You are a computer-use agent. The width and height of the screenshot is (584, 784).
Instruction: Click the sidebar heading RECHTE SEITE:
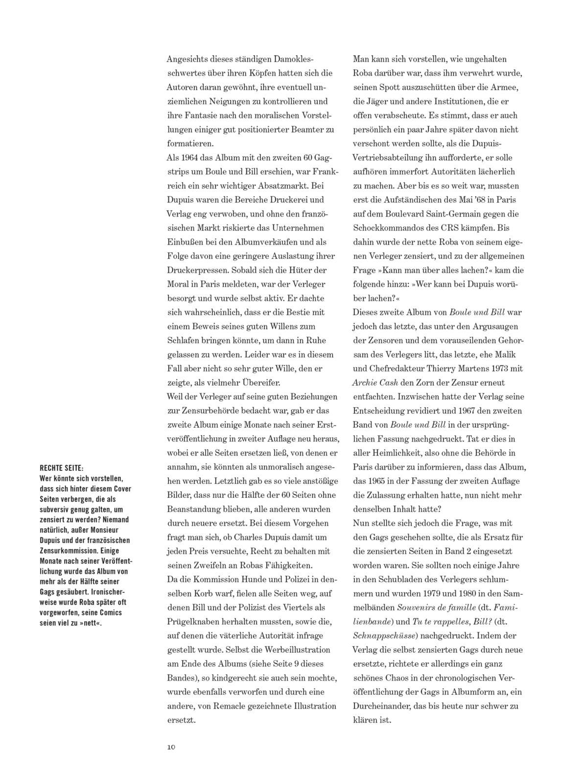61,468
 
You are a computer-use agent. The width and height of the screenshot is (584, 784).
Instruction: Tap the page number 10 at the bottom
171,747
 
